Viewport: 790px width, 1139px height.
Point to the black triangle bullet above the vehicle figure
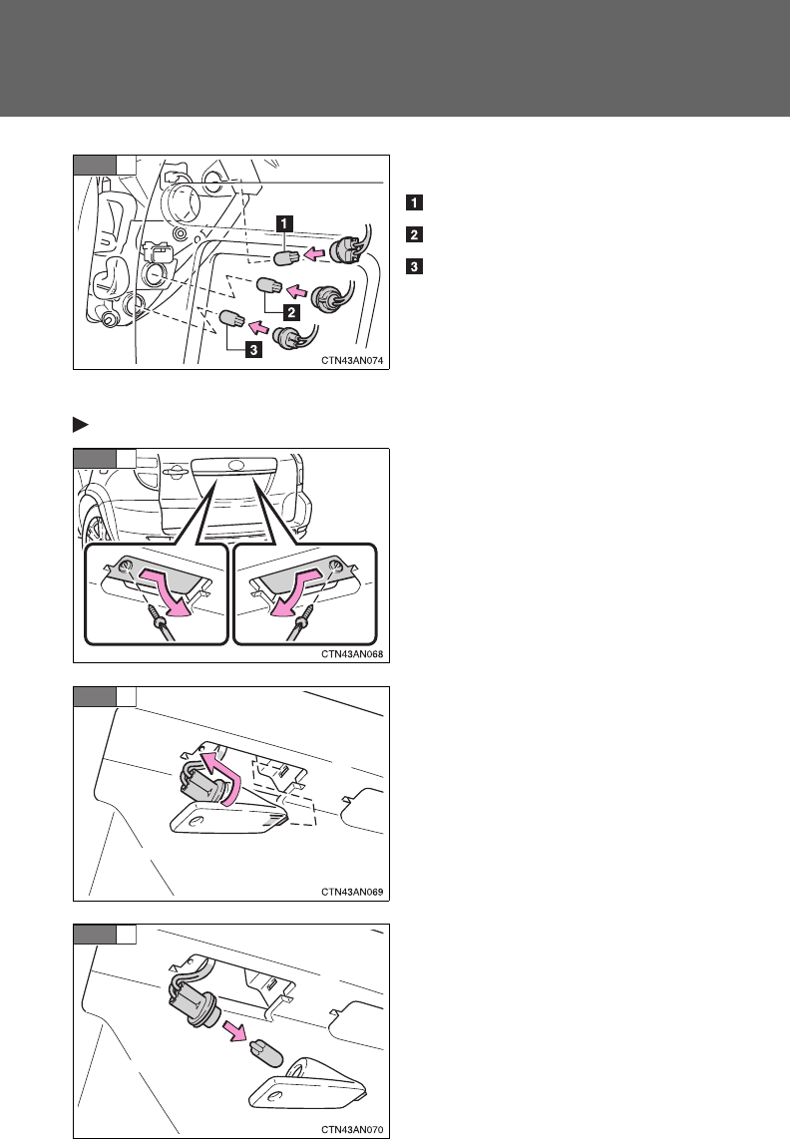pyautogui.click(x=79, y=424)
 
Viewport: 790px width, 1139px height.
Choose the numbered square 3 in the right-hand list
pyautogui.click(x=410, y=265)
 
